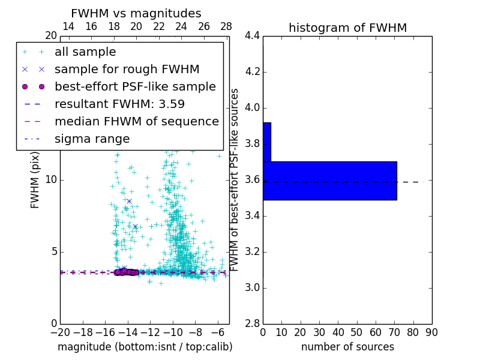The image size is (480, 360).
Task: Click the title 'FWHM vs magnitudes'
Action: [x=136, y=13]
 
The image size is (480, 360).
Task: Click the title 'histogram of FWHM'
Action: [x=347, y=28]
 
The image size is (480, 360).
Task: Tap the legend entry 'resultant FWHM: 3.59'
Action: [x=119, y=104]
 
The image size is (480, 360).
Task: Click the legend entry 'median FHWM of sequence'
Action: [x=136, y=121]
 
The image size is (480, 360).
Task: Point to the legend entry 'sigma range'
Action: [x=92, y=139]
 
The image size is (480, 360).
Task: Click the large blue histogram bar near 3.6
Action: [x=329, y=180]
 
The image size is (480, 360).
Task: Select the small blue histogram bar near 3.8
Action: [x=266, y=142]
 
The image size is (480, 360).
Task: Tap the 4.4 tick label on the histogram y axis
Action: [x=252, y=36]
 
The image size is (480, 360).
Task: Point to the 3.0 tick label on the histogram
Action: [x=252, y=288]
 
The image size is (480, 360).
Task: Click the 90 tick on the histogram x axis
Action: [x=431, y=332]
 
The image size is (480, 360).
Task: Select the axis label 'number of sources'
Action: [x=347, y=347]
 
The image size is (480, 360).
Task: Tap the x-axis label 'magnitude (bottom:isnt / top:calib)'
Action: [x=145, y=347]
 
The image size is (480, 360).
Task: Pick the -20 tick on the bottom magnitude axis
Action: [x=60, y=332]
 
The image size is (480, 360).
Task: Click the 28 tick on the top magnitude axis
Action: [x=226, y=26]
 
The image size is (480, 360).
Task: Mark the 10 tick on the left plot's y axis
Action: [x=50, y=180]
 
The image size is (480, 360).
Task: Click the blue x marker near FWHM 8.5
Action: [x=129, y=201]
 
